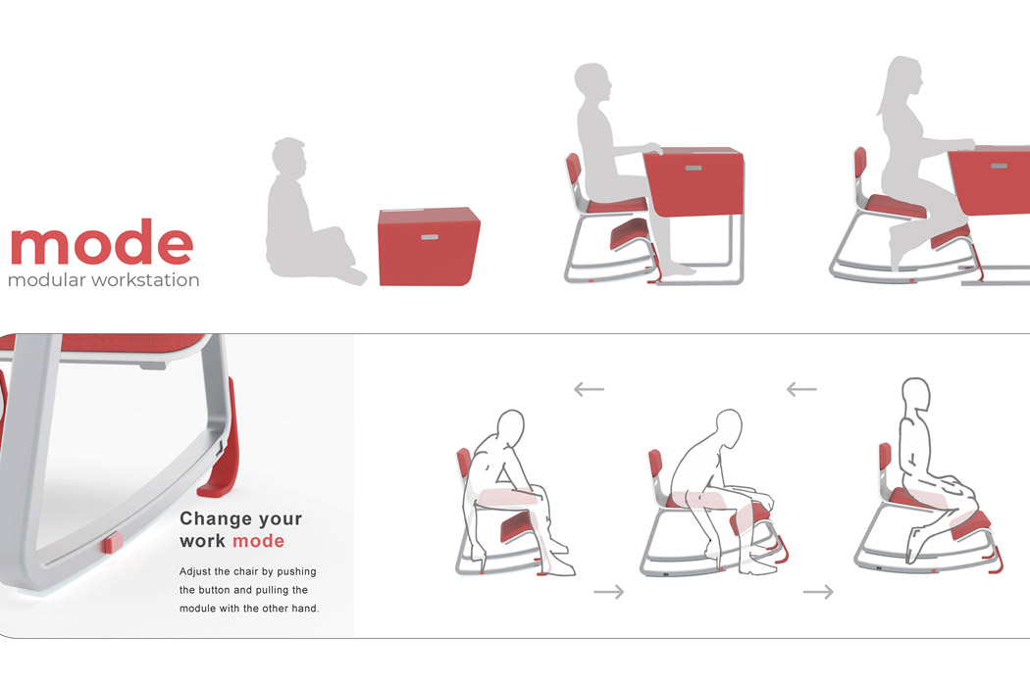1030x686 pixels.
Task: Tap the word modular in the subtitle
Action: pyautogui.click(x=49, y=280)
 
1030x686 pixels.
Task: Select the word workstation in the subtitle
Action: pyautogui.click(x=148, y=280)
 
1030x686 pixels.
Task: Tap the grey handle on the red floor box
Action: pyautogui.click(x=429, y=236)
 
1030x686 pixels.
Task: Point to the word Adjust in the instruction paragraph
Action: pyautogui.click(x=199, y=571)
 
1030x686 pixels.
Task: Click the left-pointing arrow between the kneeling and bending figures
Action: pyautogui.click(x=800, y=389)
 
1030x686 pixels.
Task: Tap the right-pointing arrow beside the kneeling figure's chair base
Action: pyautogui.click(x=818, y=592)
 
